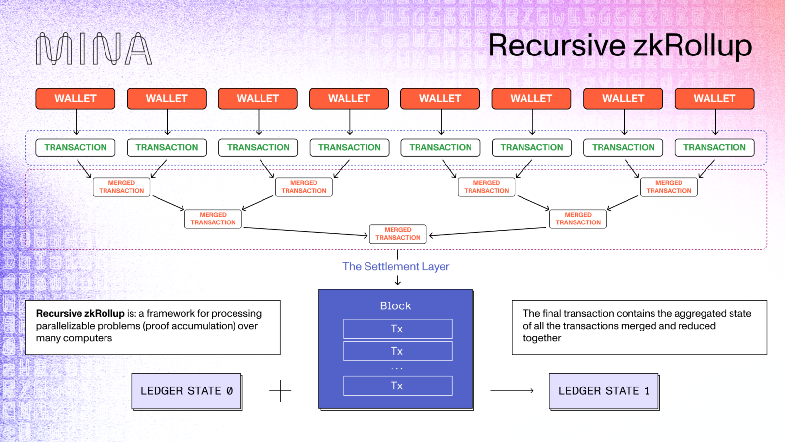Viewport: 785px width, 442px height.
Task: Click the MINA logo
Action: (93, 49)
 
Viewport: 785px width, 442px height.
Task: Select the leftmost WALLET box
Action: (75, 98)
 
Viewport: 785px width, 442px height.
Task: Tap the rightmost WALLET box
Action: (714, 98)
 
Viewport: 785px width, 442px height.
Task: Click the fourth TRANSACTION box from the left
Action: (349, 147)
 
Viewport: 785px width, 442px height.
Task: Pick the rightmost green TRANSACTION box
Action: (714, 147)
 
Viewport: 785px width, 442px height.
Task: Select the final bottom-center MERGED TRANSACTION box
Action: (397, 234)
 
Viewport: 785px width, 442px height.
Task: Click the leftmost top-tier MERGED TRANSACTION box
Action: (121, 187)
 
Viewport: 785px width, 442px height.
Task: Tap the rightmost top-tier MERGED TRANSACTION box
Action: (668, 187)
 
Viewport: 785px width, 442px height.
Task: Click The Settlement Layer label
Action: (395, 266)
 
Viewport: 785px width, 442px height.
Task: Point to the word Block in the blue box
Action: (395, 305)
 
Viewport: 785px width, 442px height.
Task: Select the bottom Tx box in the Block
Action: (397, 386)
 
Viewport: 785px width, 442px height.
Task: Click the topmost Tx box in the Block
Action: (397, 329)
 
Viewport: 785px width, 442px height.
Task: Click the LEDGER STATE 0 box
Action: (186, 391)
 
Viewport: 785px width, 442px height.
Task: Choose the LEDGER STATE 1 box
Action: (603, 391)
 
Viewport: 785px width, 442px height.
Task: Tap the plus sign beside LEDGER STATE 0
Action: (280, 391)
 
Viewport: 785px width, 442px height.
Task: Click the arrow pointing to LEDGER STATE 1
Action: (512, 391)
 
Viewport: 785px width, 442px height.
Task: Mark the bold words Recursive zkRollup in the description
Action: (80, 313)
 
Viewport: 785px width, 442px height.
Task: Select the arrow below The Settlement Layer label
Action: (397, 280)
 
